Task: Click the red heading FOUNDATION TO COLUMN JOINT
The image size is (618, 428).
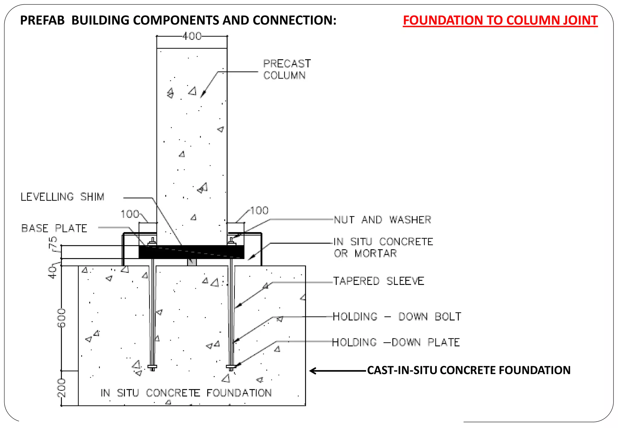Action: [500, 21]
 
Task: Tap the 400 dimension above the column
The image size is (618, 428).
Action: [192, 36]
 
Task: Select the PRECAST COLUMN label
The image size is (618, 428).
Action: [287, 69]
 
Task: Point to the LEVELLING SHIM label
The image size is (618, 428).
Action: [62, 197]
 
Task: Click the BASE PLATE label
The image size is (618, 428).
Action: [54, 228]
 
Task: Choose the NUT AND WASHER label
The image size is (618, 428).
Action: [382, 220]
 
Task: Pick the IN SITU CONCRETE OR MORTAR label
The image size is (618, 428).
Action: [383, 248]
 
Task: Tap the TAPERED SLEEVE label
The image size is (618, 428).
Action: [379, 281]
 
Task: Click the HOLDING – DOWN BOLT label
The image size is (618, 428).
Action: [397, 317]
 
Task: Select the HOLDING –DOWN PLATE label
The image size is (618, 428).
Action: [396, 342]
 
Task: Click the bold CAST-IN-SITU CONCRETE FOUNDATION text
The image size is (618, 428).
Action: [469, 370]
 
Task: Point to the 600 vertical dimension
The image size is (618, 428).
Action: [62, 318]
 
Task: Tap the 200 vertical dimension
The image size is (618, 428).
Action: [62, 388]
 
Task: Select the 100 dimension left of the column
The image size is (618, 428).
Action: [130, 214]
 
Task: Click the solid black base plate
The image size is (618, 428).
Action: [191, 252]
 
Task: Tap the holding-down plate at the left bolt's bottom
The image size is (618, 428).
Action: [152, 367]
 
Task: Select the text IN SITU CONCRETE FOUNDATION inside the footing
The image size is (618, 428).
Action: [186, 393]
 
